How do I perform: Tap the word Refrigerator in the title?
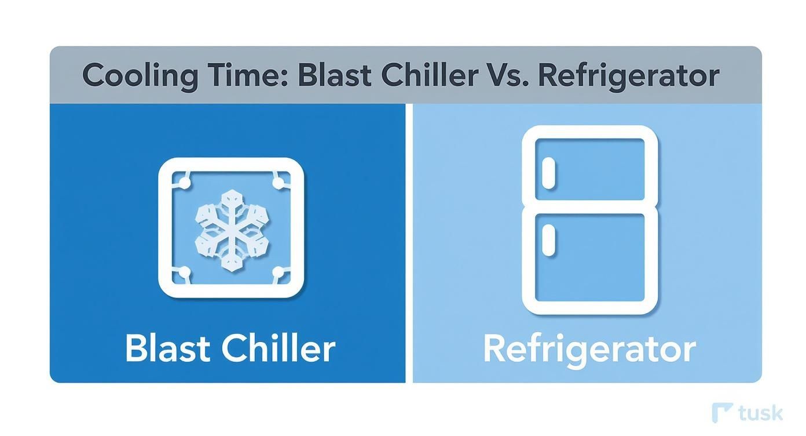tap(629, 76)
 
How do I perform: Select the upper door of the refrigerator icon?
tap(596, 168)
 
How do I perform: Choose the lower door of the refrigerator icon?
tap(596, 258)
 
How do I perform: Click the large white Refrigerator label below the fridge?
tap(589, 349)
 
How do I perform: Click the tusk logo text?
tap(761, 413)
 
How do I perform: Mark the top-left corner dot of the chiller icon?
tap(185, 183)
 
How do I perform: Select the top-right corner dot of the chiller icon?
tap(278, 183)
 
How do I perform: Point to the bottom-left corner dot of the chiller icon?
tap(185, 272)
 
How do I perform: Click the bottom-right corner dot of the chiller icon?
tap(278, 272)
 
